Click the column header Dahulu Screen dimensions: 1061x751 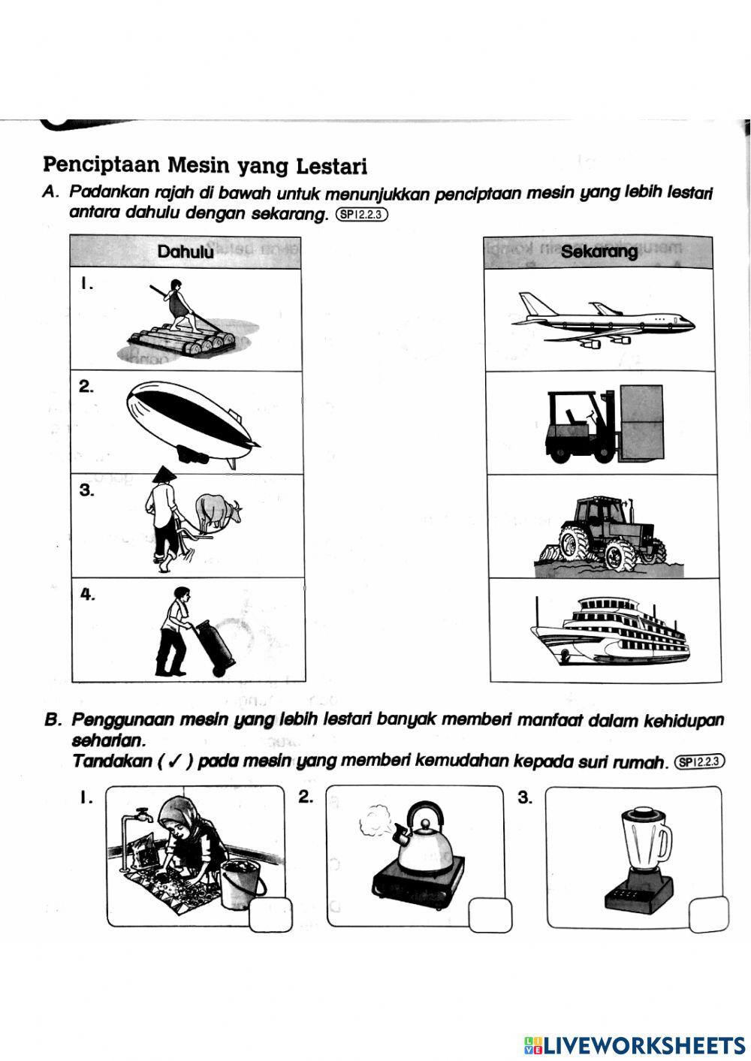pyautogui.click(x=185, y=252)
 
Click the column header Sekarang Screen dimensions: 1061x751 pyautogui.click(x=599, y=252)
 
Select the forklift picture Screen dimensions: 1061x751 pyautogui.click(x=605, y=425)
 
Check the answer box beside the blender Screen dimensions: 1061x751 pyautogui.click(x=708, y=914)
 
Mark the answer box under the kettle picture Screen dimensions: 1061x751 pyautogui.click(x=490, y=915)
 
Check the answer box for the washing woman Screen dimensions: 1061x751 pyautogui.click(x=270, y=915)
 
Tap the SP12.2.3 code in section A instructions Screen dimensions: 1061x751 pyautogui.click(x=362, y=215)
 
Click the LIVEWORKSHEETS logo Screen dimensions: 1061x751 pyautogui.click(x=635, y=1044)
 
